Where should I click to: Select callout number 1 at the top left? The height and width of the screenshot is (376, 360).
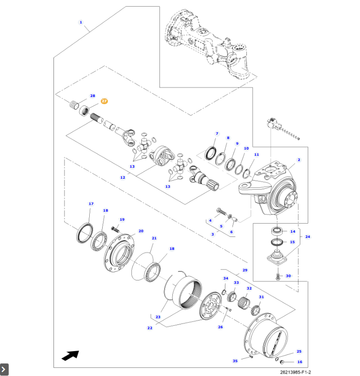(x=81, y=22)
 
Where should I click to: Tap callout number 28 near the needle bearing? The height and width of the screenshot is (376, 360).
(x=93, y=96)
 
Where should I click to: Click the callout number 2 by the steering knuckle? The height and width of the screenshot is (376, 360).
(x=299, y=160)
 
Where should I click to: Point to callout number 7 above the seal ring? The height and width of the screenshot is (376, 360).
(x=217, y=134)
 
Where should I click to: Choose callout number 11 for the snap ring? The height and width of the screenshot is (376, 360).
(x=256, y=154)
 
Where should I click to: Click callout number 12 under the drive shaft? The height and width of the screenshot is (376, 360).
(x=122, y=177)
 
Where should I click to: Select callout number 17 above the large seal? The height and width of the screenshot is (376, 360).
(x=91, y=204)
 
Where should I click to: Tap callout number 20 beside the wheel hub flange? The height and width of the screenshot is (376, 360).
(x=141, y=231)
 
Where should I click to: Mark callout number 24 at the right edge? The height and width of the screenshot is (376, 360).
(x=307, y=236)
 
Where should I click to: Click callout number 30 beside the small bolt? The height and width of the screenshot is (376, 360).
(x=288, y=276)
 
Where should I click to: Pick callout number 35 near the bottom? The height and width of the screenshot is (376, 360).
(x=235, y=361)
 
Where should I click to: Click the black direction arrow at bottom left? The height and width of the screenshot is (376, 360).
(x=70, y=355)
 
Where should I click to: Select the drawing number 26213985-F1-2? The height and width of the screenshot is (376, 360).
(x=299, y=372)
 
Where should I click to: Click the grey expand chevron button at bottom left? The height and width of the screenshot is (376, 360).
(x=4, y=369)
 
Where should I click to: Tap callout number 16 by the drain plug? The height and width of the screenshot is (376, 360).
(x=300, y=362)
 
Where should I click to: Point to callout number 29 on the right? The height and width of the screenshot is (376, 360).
(x=245, y=270)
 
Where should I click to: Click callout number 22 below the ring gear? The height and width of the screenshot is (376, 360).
(x=150, y=328)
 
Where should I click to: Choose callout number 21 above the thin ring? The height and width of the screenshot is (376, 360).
(x=154, y=238)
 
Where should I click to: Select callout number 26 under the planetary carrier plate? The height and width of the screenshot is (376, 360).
(x=220, y=327)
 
